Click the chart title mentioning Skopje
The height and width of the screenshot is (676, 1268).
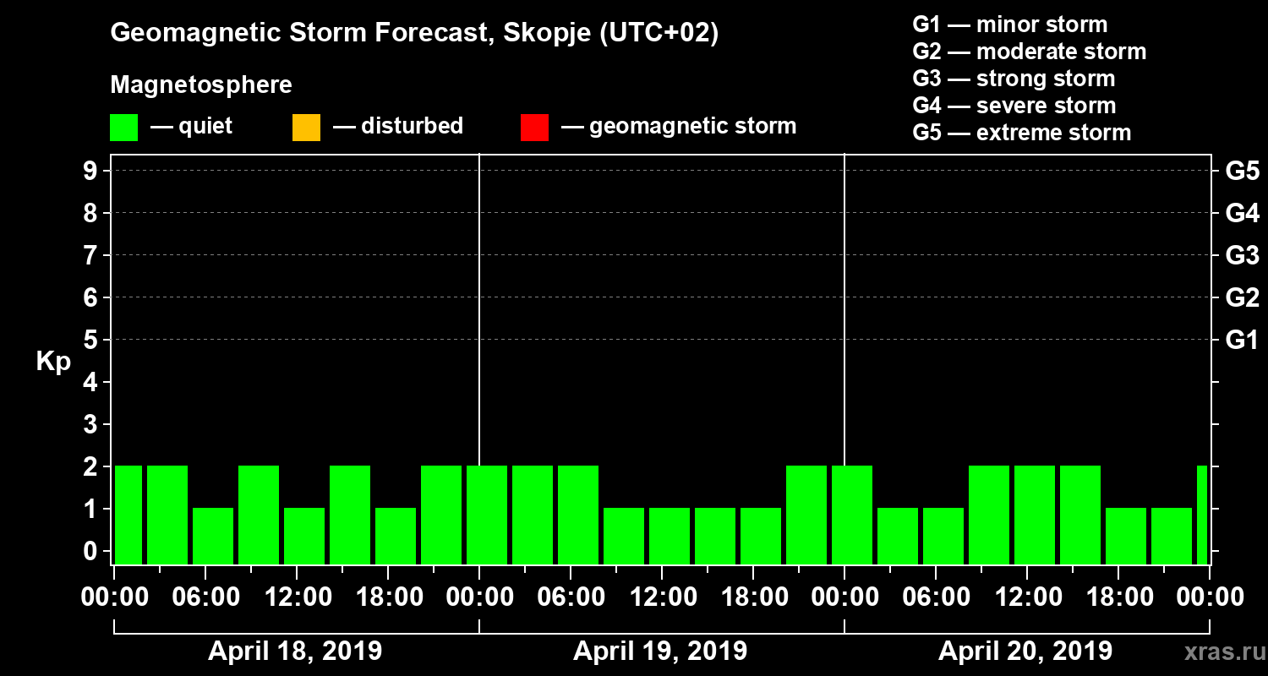414,33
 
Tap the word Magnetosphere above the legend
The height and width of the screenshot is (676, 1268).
201,85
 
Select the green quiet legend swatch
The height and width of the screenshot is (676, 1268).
123,128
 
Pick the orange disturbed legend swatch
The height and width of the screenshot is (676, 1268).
306,128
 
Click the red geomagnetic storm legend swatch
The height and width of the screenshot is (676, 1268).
534,128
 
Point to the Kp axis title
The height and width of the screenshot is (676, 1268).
53,361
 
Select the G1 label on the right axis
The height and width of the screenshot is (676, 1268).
1242,340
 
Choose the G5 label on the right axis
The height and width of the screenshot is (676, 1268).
1242,171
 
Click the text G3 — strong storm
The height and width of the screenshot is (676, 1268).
1014,79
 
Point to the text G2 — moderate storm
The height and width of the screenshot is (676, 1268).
1029,52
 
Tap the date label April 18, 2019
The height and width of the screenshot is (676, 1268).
295,651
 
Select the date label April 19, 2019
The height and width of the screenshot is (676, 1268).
660,651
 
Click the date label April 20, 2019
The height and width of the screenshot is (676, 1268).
1025,651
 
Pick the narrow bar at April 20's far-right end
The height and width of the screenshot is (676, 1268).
1202,515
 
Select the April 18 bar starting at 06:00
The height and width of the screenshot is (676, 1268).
213,536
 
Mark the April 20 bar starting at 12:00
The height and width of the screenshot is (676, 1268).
1035,515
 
